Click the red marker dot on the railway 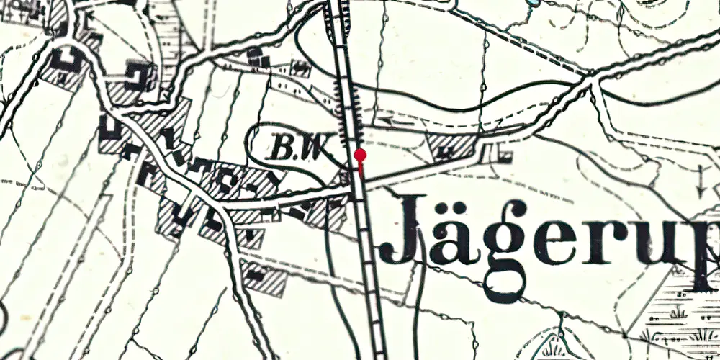361,155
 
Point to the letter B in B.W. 281,149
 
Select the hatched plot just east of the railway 451,146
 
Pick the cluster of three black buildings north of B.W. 260,58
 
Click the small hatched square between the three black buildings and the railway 301,68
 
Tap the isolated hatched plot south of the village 263,278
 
